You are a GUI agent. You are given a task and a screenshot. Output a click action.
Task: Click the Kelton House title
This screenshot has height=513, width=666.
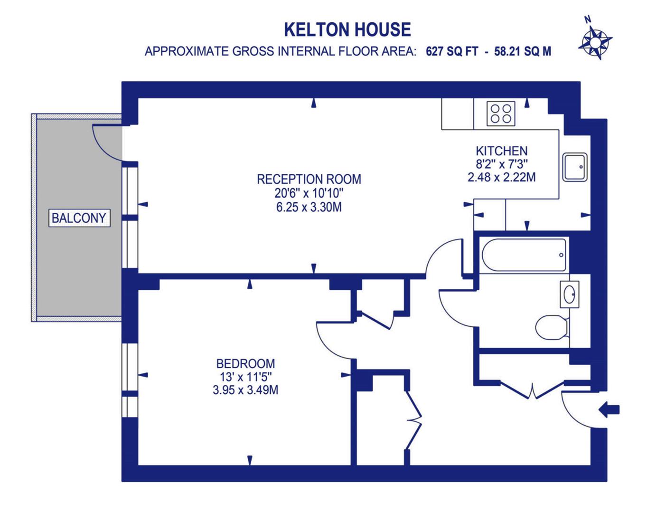(347, 29)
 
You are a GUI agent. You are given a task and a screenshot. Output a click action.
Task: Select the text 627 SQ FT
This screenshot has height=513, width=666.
(452, 51)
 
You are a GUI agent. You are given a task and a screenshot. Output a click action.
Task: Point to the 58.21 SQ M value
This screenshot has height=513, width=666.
(523, 51)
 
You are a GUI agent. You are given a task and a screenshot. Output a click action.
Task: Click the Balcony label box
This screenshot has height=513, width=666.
(79, 218)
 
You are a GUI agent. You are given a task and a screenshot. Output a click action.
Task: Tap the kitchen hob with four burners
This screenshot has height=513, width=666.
(501, 114)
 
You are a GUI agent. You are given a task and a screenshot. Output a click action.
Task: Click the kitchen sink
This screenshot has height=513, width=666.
(575, 167)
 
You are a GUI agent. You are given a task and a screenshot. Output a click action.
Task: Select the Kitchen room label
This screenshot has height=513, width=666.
(501, 151)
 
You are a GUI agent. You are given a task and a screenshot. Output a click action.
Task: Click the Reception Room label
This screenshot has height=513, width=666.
(309, 179)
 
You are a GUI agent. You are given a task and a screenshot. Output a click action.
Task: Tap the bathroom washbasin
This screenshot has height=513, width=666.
(569, 295)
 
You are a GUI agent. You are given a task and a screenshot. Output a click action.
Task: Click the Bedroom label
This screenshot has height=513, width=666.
(245, 364)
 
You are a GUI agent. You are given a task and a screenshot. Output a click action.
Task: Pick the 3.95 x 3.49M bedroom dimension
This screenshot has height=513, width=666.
(245, 390)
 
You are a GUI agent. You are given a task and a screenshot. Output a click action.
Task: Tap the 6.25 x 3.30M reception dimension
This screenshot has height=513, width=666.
(309, 207)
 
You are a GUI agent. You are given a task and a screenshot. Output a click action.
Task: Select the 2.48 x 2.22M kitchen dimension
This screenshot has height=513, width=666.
(501, 177)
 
